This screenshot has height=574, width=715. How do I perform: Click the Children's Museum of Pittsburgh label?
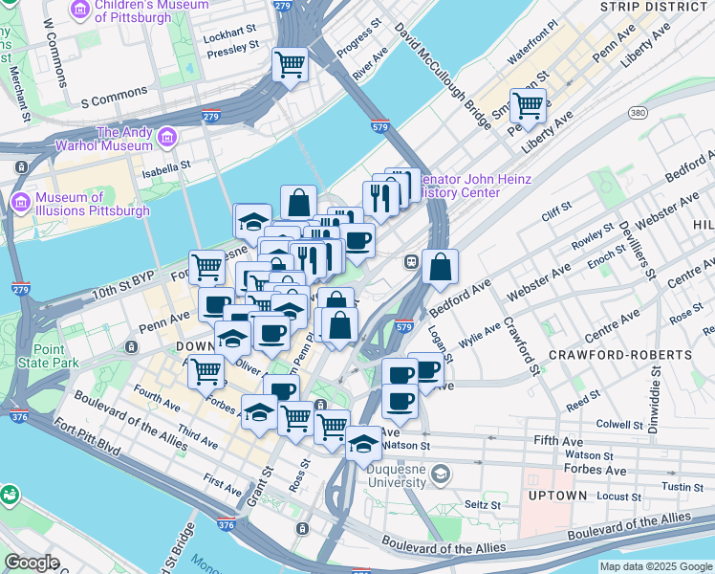tap(139, 11)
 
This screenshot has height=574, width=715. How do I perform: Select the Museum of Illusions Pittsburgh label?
tap(92, 204)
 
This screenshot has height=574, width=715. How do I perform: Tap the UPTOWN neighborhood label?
tap(557, 496)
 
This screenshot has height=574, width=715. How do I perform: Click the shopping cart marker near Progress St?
tap(290, 65)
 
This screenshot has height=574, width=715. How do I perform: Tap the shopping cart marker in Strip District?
tap(528, 104)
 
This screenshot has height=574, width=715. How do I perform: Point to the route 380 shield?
tap(638, 114)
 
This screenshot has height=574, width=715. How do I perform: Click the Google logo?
tap(32, 563)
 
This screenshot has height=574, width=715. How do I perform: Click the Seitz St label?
tap(483, 504)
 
